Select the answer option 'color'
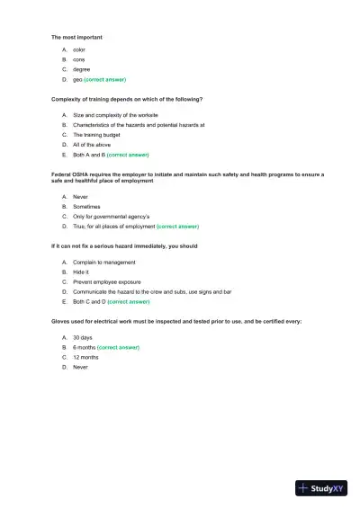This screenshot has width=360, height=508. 78,49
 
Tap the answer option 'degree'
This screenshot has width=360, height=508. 81,68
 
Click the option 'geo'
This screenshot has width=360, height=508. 77,78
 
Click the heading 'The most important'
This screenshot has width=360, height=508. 76,37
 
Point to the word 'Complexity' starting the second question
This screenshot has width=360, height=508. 67,98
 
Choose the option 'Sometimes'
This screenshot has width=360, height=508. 87,206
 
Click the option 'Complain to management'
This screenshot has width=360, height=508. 104,263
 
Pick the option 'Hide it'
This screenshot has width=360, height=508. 81,272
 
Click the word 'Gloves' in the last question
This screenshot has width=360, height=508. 60,321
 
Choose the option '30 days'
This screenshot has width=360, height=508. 83,337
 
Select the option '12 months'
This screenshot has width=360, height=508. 85,357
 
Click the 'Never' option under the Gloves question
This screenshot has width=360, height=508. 81,367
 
